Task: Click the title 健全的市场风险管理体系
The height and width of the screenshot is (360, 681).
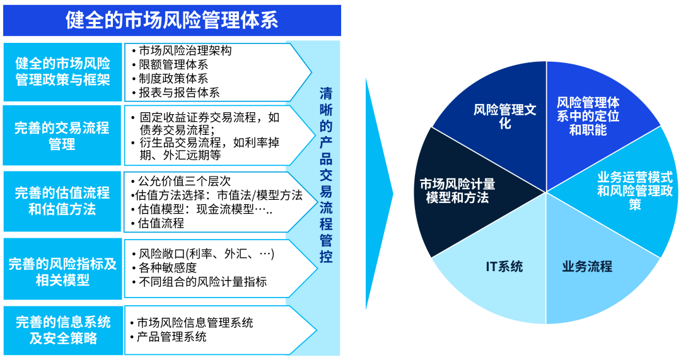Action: (172, 20)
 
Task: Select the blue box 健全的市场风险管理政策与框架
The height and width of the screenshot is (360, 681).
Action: (62, 71)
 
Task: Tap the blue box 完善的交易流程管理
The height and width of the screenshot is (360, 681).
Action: (62, 136)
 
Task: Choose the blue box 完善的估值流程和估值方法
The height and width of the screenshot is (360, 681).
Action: (62, 200)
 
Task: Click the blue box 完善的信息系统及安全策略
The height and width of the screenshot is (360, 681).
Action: (62, 330)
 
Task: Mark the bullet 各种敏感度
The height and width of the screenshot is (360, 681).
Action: (166, 268)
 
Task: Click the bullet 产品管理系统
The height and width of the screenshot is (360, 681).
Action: (171, 337)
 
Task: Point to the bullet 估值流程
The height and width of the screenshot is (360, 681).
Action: (160, 223)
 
